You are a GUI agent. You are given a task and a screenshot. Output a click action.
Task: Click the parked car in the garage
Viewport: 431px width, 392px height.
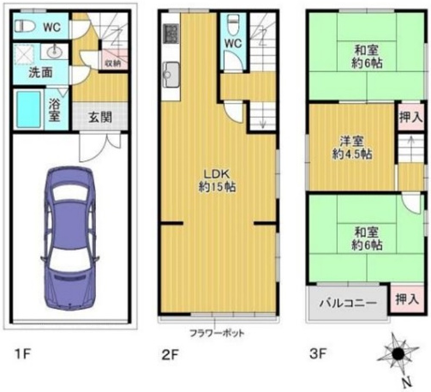(x=70, y=238)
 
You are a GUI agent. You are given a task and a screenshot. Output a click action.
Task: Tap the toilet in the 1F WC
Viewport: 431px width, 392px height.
(x=25, y=26)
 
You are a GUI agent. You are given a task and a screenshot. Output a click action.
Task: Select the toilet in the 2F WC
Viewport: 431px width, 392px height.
(x=233, y=25)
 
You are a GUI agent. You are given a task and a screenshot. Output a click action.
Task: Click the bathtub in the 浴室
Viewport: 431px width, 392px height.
(x=28, y=109)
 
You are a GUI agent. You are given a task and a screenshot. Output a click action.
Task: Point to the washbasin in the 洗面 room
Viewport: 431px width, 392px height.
(x=55, y=51)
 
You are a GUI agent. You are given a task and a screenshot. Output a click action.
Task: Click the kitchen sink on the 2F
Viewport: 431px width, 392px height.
(x=171, y=75)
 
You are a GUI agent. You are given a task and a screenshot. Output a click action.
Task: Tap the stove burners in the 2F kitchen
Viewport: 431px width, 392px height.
(x=171, y=33)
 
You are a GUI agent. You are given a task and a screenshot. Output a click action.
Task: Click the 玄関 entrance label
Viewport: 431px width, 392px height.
(x=100, y=117)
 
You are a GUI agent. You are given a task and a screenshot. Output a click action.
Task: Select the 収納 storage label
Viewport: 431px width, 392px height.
(x=113, y=63)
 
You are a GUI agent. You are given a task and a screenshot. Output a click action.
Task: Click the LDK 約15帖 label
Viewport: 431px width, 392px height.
(x=217, y=180)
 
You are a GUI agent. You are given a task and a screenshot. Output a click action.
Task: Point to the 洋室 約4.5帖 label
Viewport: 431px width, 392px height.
(x=352, y=148)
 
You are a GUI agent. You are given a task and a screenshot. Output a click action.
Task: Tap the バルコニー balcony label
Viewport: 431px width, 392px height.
(x=348, y=303)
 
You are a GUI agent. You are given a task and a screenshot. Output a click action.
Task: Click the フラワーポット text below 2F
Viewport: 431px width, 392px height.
(x=217, y=333)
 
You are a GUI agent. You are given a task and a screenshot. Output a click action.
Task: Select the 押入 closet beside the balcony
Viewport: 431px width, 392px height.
(x=407, y=299)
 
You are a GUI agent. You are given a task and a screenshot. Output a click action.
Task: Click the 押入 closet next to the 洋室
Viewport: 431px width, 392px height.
(x=410, y=117)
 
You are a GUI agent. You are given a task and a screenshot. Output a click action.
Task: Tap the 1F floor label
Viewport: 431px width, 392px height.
(x=22, y=354)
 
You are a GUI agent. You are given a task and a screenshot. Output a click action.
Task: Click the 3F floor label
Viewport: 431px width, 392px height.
(x=318, y=354)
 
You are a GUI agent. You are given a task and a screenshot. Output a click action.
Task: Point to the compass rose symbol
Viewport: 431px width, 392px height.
(x=398, y=354)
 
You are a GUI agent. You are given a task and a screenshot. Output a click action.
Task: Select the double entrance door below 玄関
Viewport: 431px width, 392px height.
(x=100, y=147)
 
